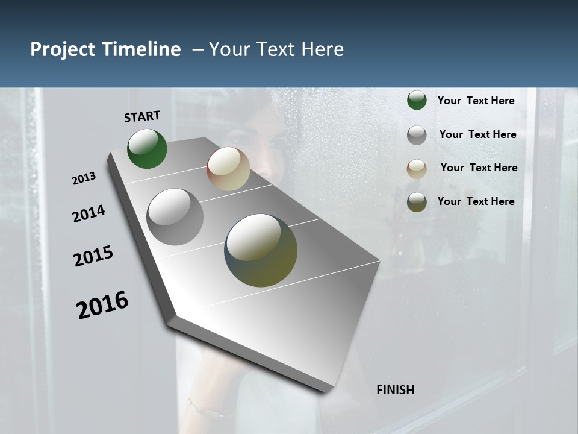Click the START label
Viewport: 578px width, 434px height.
coord(142,116)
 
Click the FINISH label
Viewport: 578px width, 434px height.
coord(395,390)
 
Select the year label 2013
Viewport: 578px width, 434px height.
coord(84,178)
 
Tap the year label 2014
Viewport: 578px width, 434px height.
coord(89,213)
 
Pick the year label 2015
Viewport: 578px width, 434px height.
coord(93,256)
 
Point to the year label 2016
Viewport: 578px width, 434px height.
coord(102,305)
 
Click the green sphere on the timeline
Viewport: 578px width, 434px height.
coord(147,148)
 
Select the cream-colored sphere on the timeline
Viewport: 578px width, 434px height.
coord(228,169)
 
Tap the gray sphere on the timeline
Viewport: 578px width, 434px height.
coord(175,216)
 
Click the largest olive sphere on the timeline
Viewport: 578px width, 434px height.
coord(261,250)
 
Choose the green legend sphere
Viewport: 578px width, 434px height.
coord(417,101)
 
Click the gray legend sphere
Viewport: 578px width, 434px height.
coord(417,135)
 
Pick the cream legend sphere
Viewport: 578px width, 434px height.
coord(417,169)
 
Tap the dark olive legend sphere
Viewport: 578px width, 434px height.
coord(417,202)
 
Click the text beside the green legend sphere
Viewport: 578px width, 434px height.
coord(476,101)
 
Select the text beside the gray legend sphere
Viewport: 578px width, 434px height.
coord(477,134)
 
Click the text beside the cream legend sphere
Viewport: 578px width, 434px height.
coord(479,168)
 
